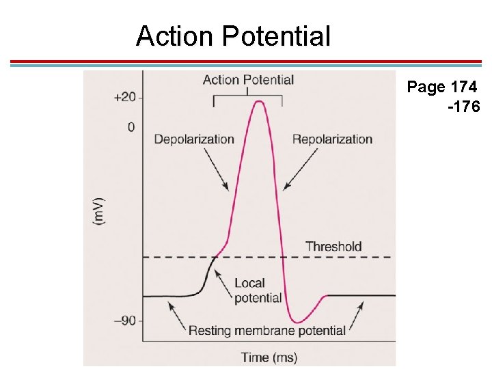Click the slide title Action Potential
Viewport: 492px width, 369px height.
[233, 36]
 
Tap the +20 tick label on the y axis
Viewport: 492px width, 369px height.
[124, 97]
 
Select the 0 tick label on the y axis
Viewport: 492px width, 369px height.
[131, 127]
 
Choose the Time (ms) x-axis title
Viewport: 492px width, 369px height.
[269, 357]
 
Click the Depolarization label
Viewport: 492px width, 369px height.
[194, 139]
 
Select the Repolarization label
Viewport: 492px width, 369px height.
[332, 139]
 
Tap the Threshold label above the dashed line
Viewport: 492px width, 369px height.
[333, 246]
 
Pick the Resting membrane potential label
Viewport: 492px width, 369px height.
[266, 331]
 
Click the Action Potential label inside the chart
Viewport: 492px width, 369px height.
[248, 80]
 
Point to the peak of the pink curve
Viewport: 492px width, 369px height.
[258, 102]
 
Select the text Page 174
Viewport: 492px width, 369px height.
[441, 87]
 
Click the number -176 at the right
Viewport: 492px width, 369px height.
[464, 107]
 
